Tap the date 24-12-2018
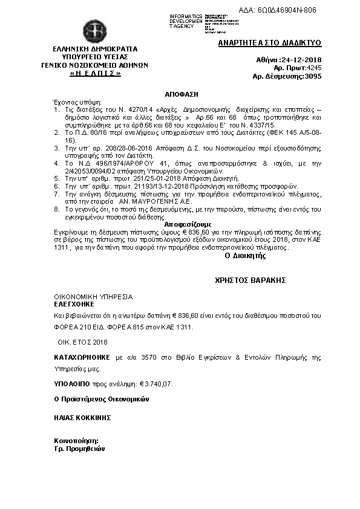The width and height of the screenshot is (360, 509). [x=301, y=60]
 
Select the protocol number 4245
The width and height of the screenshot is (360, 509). [x=313, y=68]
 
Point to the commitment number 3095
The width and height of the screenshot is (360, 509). [x=313, y=77]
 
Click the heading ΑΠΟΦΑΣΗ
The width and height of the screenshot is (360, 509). [x=182, y=95]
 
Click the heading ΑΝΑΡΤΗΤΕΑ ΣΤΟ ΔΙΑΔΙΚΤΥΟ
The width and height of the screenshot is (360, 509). [x=269, y=43]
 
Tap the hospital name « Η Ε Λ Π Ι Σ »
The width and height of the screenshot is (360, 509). [x=94, y=73]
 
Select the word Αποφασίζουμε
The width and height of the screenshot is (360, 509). [x=182, y=223]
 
